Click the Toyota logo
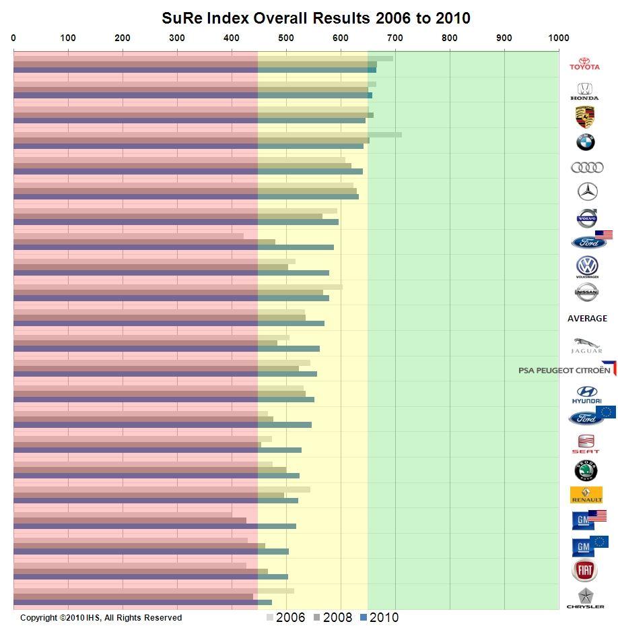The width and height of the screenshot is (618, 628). point(584,62)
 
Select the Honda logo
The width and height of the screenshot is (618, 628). point(584,91)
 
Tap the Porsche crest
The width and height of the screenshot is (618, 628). point(585,117)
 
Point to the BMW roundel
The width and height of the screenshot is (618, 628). point(585,142)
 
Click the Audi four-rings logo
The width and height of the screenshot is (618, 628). point(587,167)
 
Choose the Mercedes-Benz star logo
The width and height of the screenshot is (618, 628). point(588,192)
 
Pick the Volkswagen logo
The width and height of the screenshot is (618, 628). point(587,267)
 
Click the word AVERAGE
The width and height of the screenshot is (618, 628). point(587,318)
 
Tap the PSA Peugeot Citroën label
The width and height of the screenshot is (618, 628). point(566,369)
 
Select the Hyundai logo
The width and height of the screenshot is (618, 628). point(586,395)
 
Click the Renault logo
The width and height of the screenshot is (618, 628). point(586,495)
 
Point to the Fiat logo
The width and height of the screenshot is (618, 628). point(584,571)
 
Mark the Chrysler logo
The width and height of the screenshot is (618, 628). point(586,598)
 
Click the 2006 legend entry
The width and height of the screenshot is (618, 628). point(286,617)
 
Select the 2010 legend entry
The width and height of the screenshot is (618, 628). point(380,617)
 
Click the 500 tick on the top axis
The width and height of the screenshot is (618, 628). point(285,38)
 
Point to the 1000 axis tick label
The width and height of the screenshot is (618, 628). point(558,38)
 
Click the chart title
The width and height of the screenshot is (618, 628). point(316,18)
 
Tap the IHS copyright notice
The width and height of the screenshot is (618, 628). point(101,617)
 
